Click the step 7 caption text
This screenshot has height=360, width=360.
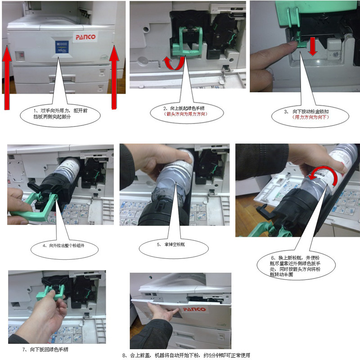(46, 350)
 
